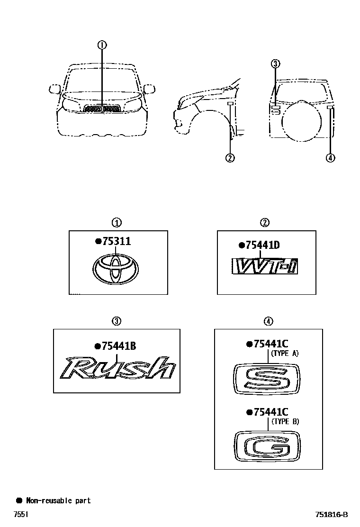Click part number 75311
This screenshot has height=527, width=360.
click(115, 241)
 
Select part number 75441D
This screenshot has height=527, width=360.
click(261, 245)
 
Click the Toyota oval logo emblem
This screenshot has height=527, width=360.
click(115, 271)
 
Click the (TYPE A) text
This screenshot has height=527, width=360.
click(285, 353)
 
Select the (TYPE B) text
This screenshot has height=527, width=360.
click(285, 421)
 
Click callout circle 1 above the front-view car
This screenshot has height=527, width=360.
click(102, 45)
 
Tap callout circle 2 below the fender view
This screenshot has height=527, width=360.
click(230, 158)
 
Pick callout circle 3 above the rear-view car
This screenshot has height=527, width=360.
click(276, 64)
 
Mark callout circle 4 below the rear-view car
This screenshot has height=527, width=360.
click(331, 158)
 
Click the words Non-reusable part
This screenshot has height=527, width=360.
click(58, 500)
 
